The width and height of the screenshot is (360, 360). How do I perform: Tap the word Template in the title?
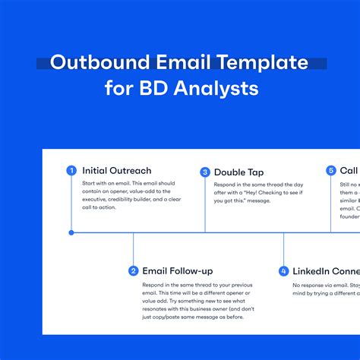point(257,62)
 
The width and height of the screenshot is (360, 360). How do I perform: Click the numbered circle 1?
point(71,171)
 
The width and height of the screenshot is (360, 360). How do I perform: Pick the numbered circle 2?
point(134,270)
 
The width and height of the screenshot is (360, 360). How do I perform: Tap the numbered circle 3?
point(205,172)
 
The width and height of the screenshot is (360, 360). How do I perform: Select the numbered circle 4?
point(284,270)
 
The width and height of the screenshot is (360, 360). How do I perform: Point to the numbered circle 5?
point(331,171)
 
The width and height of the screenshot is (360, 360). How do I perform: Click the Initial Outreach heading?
point(116,171)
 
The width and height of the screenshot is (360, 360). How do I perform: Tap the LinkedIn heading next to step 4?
point(317,270)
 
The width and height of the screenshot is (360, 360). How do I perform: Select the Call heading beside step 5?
point(349,171)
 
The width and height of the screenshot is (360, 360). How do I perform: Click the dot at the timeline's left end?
point(71,232)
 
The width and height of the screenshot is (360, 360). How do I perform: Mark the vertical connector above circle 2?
point(134,248)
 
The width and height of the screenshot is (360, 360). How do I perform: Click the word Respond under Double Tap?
point(227,185)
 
